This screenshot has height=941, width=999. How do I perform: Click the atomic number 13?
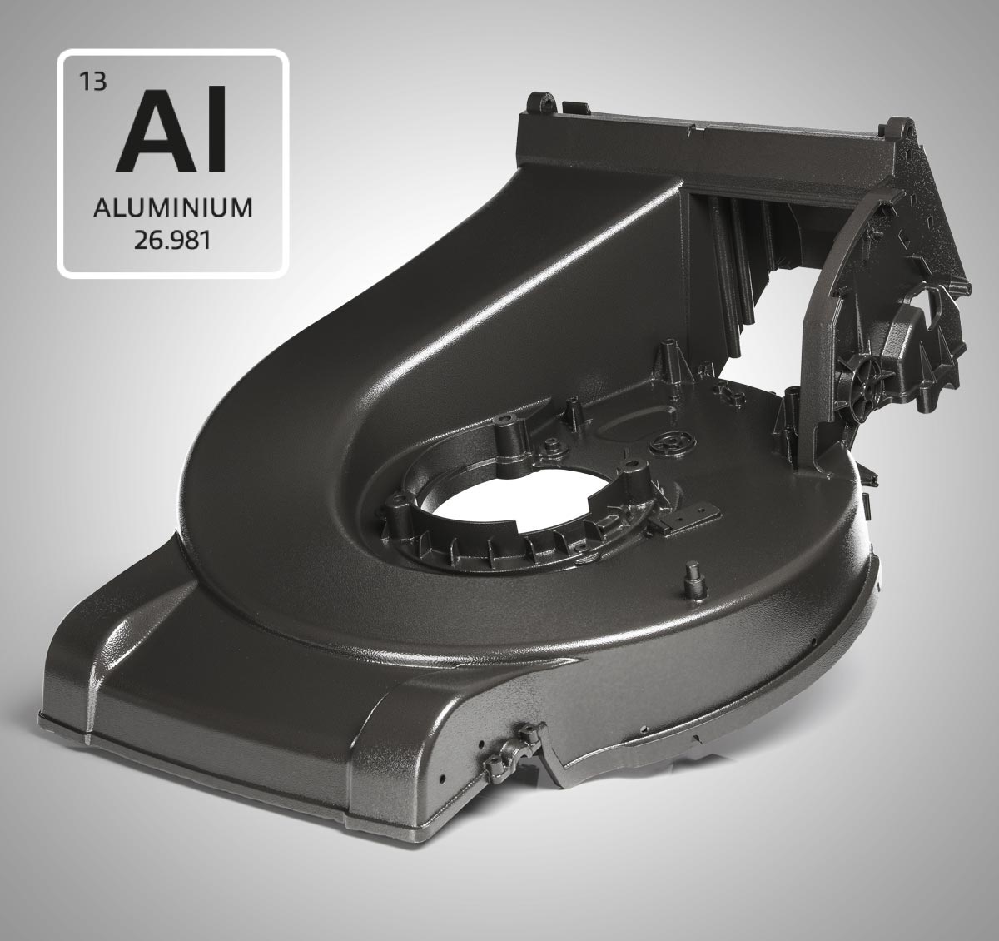click(93, 82)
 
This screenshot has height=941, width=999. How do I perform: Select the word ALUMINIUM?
click(173, 208)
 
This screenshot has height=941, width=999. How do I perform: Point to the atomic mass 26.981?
click(171, 240)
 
